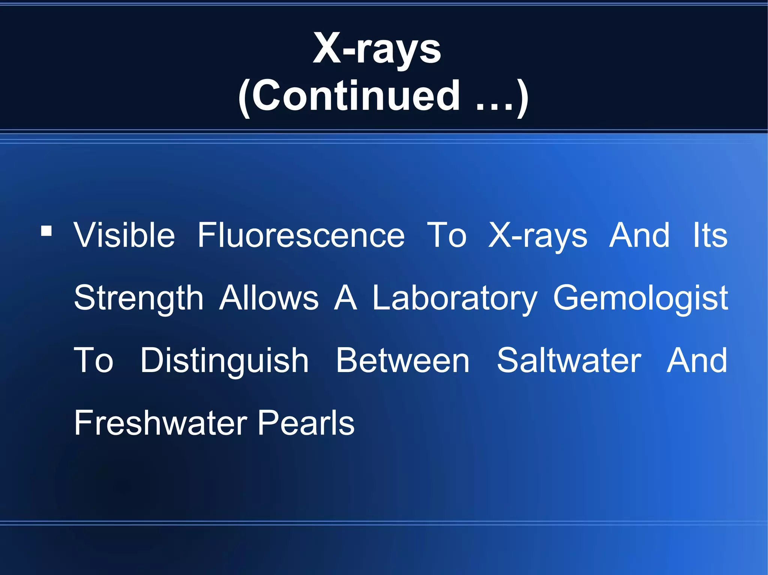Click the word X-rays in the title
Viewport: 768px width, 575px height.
click(x=377, y=49)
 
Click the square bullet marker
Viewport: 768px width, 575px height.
click(x=46, y=231)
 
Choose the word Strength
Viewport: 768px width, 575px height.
click(x=139, y=299)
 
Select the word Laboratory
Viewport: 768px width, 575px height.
click(x=454, y=299)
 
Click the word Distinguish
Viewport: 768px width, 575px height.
click(x=224, y=361)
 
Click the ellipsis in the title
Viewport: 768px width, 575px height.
click(x=494, y=107)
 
